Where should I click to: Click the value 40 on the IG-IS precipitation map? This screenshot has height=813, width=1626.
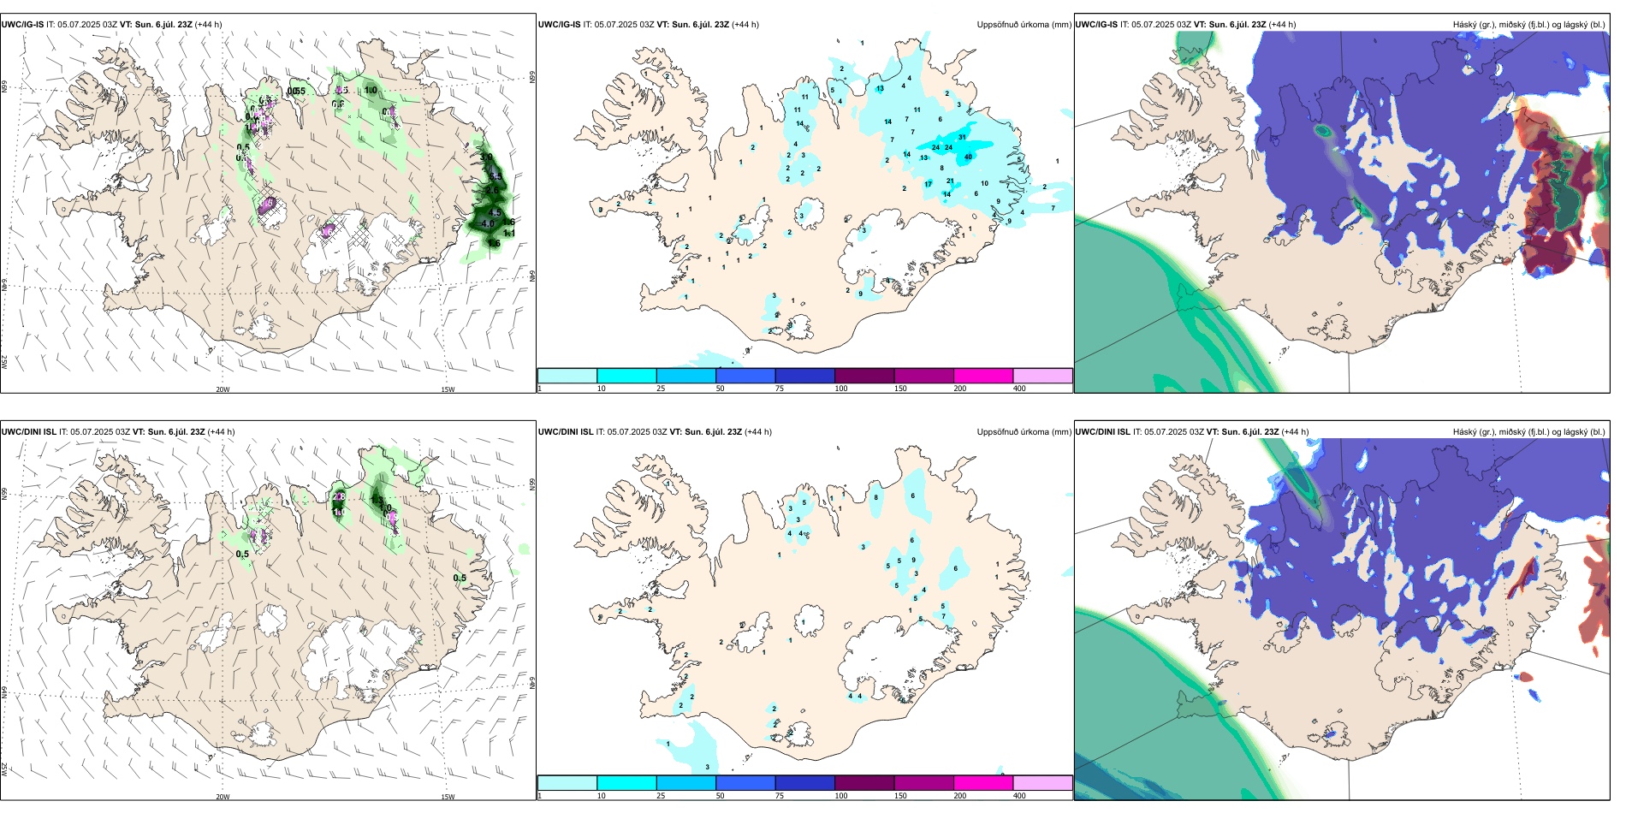click(969, 157)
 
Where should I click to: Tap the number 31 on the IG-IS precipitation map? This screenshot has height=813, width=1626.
click(963, 137)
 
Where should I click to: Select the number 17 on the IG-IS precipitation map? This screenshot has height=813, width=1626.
click(928, 184)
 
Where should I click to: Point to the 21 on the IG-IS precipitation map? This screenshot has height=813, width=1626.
click(950, 181)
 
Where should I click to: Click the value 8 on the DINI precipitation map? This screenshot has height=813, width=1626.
click(876, 497)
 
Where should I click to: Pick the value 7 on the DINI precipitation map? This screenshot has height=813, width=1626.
click(943, 616)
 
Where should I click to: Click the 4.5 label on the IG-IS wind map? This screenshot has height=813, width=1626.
click(495, 213)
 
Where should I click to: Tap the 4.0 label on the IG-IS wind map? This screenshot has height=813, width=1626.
click(488, 224)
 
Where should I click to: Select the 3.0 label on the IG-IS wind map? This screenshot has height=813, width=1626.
click(486, 157)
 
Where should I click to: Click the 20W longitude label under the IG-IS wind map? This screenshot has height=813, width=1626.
click(223, 389)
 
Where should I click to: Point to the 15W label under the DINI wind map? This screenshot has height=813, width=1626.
click(448, 797)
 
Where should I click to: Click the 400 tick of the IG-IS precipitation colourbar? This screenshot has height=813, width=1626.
click(1019, 389)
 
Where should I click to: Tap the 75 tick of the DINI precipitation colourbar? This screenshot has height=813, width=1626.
click(780, 796)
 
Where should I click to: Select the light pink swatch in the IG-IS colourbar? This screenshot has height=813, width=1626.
click(1042, 376)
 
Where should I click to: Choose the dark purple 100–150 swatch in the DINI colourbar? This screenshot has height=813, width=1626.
click(864, 783)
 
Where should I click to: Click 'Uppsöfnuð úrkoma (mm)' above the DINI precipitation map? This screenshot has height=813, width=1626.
click(1024, 432)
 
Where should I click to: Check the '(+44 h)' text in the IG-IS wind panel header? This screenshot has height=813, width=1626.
click(209, 25)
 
